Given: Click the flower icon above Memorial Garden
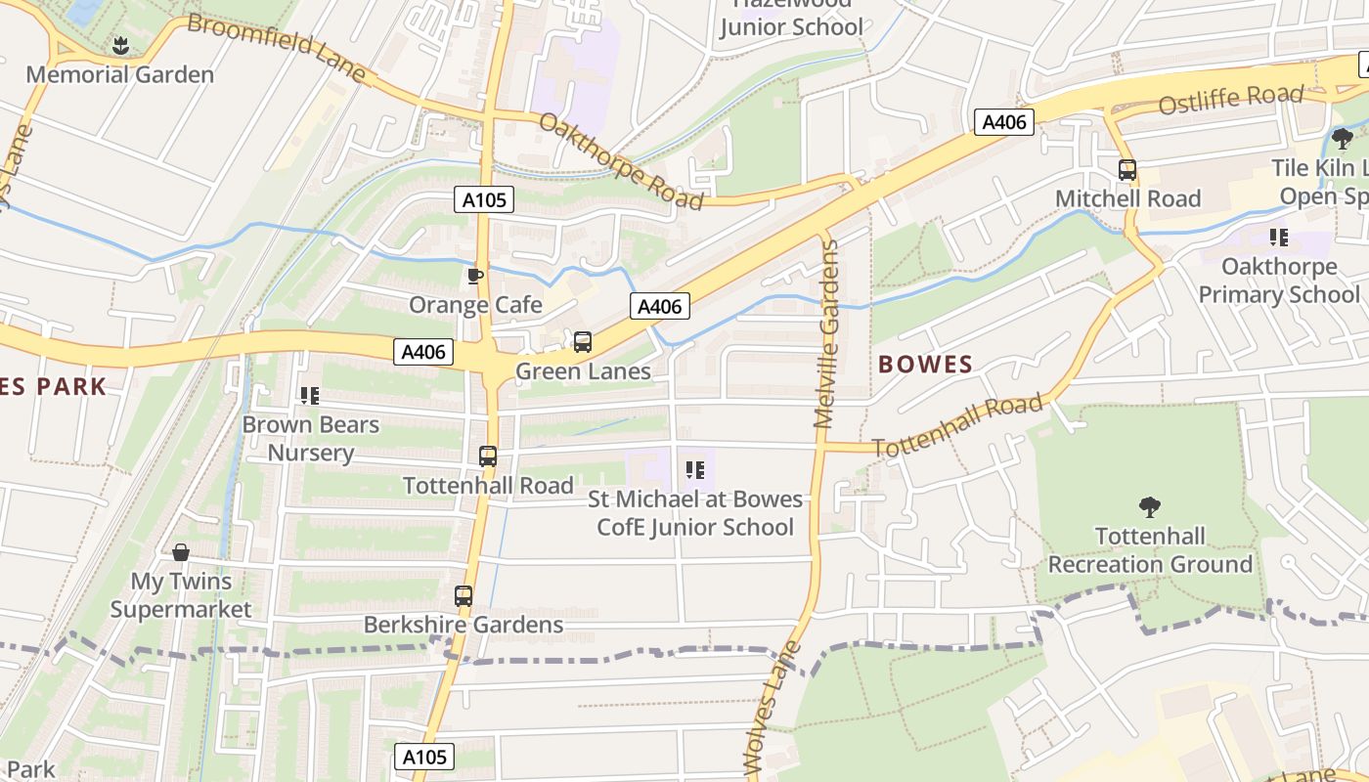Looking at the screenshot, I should [120, 45].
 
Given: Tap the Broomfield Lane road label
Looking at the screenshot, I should [276, 47].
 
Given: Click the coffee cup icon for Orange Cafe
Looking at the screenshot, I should [475, 277].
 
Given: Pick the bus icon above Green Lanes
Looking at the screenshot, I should [583, 342].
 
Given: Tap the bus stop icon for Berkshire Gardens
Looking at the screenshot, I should [464, 595].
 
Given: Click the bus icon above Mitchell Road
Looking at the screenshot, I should [1127, 170].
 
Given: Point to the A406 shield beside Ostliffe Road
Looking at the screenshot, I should [1004, 122].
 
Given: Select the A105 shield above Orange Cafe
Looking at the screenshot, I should [484, 200].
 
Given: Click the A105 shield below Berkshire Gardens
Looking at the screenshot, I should [425, 757].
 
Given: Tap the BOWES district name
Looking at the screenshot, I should [925, 366].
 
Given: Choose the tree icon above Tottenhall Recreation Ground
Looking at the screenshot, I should [1150, 507].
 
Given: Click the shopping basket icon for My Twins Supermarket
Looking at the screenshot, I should [180, 553].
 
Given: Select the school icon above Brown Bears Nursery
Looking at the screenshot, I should [310, 396].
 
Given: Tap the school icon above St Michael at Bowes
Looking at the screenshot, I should [695, 470].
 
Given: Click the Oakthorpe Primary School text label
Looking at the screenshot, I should [1279, 281].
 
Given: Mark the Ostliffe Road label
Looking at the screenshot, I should [1231, 99].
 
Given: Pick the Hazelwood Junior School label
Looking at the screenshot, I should [792, 20].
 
